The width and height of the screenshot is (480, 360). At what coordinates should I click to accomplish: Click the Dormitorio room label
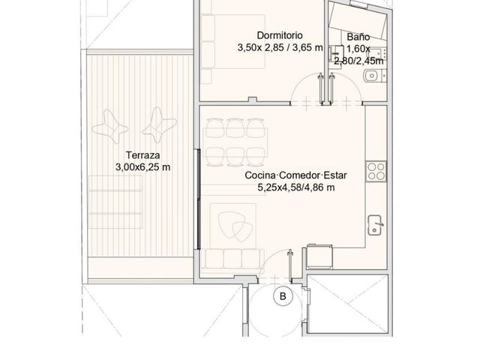point(280,35)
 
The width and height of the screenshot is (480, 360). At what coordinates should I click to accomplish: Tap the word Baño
point(358,37)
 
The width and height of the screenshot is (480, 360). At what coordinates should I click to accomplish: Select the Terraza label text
point(143,155)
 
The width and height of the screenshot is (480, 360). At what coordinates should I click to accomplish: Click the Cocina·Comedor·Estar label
point(295,175)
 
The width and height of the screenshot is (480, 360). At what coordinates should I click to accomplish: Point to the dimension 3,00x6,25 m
point(143,167)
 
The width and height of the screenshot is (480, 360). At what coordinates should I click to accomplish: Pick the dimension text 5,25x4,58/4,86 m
point(295,187)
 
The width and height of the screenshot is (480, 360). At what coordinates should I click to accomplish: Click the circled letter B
point(283,296)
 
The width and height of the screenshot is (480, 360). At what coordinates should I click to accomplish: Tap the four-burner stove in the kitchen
point(376,172)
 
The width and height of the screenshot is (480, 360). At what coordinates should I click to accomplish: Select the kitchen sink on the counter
point(375,225)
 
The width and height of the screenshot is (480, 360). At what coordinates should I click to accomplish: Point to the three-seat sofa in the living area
point(232,259)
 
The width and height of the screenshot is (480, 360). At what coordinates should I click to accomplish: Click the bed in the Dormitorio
point(233,42)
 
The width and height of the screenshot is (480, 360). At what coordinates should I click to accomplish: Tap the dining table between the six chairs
point(235,142)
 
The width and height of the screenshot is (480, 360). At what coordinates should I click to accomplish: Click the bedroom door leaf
point(320,88)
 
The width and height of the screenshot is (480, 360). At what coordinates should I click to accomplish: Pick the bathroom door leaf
point(331,88)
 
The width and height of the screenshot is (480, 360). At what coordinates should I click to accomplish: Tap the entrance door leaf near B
point(290,265)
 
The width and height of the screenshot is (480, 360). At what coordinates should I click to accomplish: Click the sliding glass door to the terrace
point(198,199)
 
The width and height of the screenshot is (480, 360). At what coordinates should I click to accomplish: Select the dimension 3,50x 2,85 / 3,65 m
point(280,48)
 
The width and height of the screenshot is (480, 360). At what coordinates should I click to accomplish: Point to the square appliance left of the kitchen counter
point(319,256)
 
